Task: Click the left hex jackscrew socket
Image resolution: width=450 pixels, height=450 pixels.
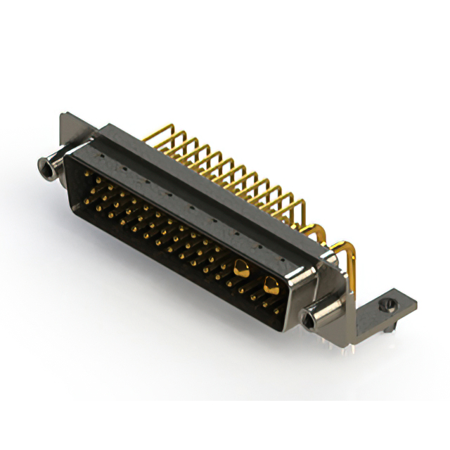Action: [x=47, y=166]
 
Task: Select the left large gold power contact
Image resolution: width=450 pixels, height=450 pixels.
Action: [x=241, y=267]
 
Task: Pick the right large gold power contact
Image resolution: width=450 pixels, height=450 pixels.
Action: [x=270, y=284]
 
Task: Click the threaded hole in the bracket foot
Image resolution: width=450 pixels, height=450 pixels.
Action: [x=383, y=307]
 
